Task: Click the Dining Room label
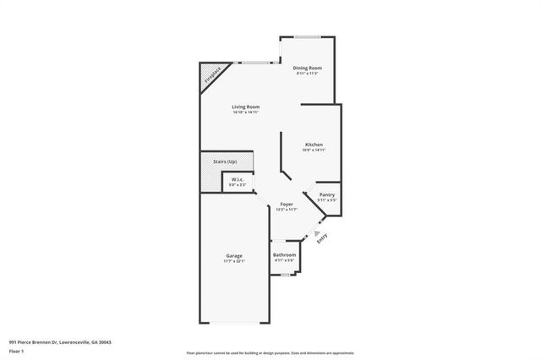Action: (x=307, y=68)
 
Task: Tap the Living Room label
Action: (x=246, y=106)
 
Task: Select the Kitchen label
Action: (x=314, y=145)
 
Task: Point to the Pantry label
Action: (x=327, y=195)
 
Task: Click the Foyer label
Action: (x=287, y=204)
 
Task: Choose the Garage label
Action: (x=234, y=255)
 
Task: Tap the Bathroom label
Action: (x=284, y=255)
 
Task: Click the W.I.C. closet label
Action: (x=238, y=179)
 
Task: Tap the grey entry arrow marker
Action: (x=316, y=234)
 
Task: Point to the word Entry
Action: (x=323, y=241)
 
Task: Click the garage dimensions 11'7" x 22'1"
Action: (x=234, y=261)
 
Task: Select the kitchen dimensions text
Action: (x=314, y=150)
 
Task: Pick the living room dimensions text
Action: (x=246, y=112)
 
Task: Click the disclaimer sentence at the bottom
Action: (x=270, y=352)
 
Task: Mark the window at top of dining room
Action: (x=307, y=36)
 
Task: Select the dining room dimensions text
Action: (x=307, y=74)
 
